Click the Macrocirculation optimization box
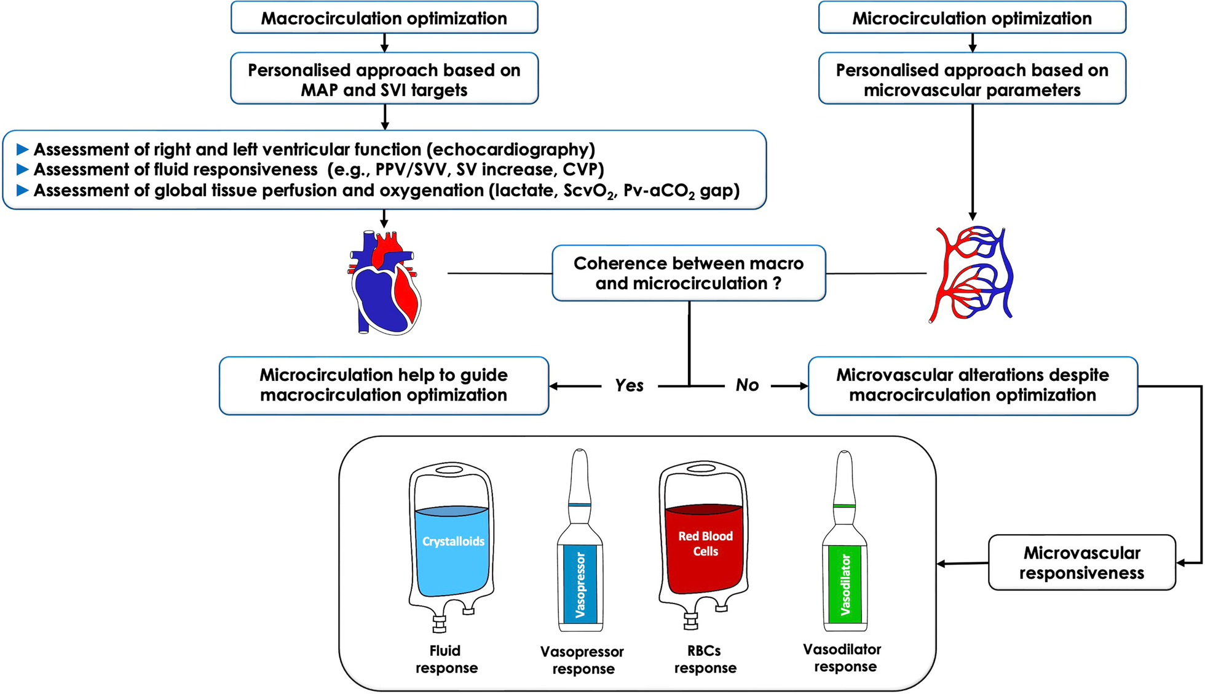coord(384,18)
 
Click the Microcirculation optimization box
coord(972,18)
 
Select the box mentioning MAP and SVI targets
coord(384,79)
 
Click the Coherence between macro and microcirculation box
coord(689,273)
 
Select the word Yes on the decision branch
coord(629,386)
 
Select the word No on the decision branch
coord(747,386)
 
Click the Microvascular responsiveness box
coord(1081,562)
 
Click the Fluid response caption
coord(446,660)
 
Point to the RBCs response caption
coord(705,660)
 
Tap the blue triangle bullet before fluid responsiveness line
coord(22,169)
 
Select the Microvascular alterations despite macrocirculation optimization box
coord(972,386)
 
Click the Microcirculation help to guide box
coord(384,386)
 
